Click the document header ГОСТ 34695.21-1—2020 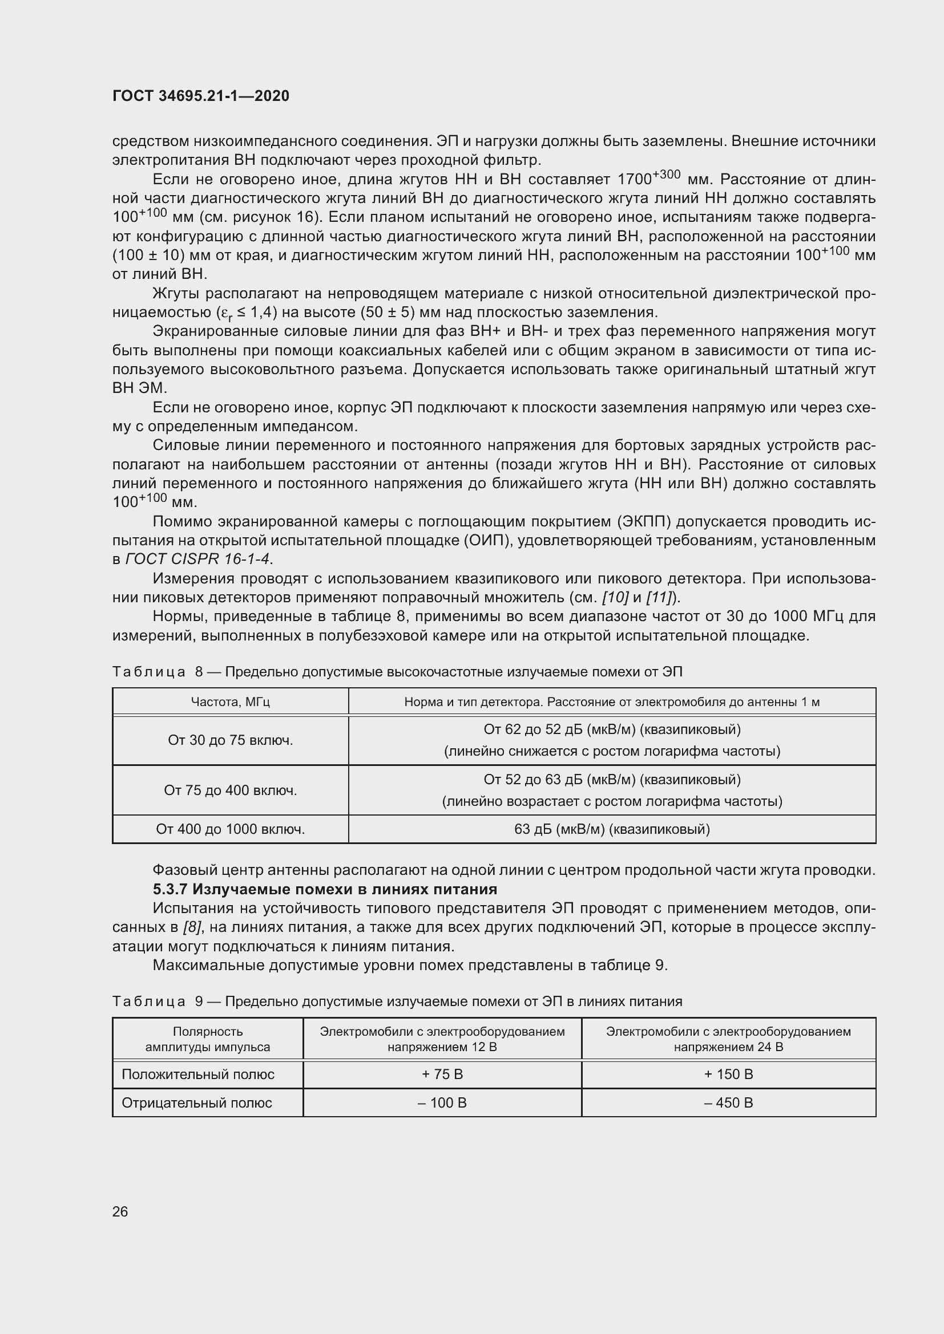200,96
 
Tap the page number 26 120,1211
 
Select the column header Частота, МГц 230,702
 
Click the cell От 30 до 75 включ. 230,740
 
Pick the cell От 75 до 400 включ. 230,790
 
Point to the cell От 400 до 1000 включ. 230,829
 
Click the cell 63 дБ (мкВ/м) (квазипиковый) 611,829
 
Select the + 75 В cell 442,1075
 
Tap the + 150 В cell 728,1075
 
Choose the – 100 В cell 442,1103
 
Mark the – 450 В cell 728,1103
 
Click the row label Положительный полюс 197,1075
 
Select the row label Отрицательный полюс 196,1103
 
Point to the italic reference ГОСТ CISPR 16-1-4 198,559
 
